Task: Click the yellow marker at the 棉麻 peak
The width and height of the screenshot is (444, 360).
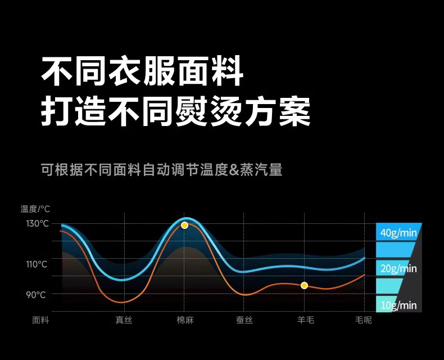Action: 184,226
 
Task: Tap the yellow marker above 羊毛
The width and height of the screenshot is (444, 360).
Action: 305,285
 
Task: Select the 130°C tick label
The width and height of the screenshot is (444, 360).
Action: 38,224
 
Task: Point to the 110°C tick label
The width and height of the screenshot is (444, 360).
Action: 37,264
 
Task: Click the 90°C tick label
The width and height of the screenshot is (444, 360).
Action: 36,295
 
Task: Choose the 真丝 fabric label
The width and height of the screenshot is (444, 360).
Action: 124,320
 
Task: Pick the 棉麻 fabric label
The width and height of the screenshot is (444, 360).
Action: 185,320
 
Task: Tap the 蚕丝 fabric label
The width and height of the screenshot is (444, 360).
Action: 244,320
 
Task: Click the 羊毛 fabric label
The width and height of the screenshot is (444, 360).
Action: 306,320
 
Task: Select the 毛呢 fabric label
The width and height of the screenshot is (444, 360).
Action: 364,320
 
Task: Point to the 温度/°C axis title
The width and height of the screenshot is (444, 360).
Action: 35,209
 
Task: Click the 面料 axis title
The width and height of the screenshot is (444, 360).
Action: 41,320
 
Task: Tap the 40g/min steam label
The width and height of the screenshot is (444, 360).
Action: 398,233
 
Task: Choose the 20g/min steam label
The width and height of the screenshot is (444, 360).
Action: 398,268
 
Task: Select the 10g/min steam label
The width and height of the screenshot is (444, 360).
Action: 398,305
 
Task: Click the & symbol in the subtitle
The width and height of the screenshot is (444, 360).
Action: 234,170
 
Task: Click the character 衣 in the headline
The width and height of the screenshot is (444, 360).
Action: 125,71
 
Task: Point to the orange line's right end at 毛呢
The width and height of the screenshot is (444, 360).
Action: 364,274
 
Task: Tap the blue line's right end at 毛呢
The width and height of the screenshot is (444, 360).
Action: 364,258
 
